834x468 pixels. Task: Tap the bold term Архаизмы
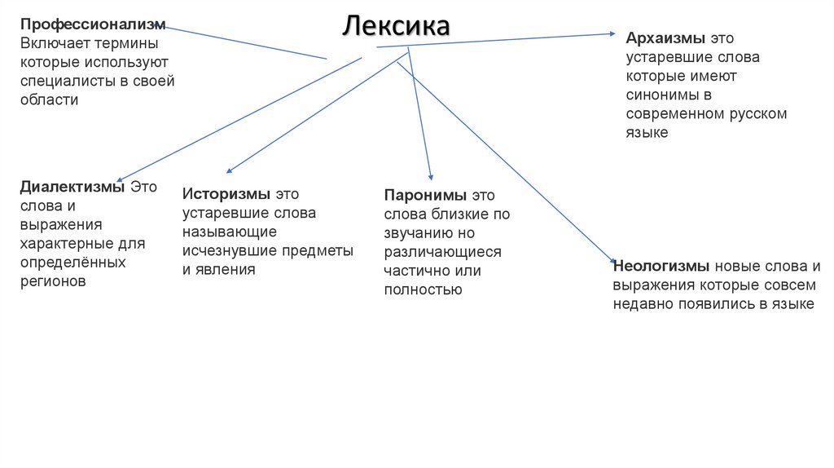[665, 39]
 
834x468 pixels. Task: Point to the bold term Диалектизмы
[72, 187]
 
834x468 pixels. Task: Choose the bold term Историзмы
[226, 194]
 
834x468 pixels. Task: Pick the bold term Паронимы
[426, 196]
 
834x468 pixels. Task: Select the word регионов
[53, 281]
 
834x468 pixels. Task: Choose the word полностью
[424, 289]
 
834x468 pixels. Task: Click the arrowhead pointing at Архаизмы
[614, 33]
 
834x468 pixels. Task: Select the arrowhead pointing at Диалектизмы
[119, 180]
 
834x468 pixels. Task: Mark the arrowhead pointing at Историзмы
[229, 171]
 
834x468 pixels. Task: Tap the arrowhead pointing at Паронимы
[431, 177]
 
